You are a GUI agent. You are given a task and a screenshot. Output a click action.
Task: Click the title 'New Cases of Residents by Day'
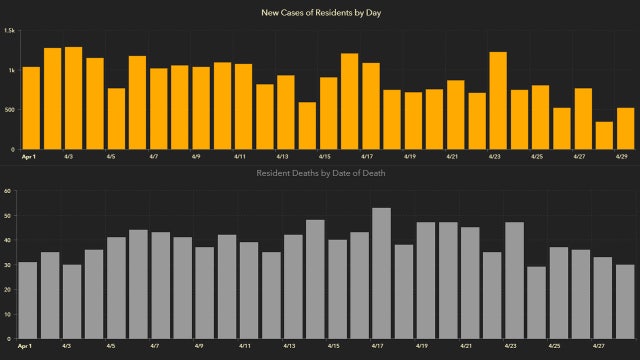[x=320, y=13]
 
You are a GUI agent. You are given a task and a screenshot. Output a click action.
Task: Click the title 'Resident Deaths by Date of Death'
[x=320, y=173]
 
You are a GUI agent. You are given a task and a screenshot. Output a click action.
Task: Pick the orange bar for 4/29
[x=626, y=127]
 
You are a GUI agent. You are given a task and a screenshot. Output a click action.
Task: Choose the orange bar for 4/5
[x=116, y=117]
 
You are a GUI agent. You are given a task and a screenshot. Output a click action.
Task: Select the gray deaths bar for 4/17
[x=381, y=272]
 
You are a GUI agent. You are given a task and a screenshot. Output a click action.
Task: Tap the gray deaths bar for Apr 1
[x=27, y=299]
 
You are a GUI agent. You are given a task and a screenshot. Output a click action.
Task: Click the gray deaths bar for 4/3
[x=71, y=301]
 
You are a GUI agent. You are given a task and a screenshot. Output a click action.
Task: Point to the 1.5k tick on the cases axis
[x=9, y=31]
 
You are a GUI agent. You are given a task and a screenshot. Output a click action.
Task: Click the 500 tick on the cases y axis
[x=9, y=109]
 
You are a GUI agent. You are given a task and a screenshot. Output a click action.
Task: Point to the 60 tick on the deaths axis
[x=8, y=190]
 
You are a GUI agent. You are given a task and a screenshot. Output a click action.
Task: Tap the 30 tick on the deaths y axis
[x=8, y=264]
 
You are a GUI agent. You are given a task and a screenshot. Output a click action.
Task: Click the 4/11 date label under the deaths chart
[x=241, y=347]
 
